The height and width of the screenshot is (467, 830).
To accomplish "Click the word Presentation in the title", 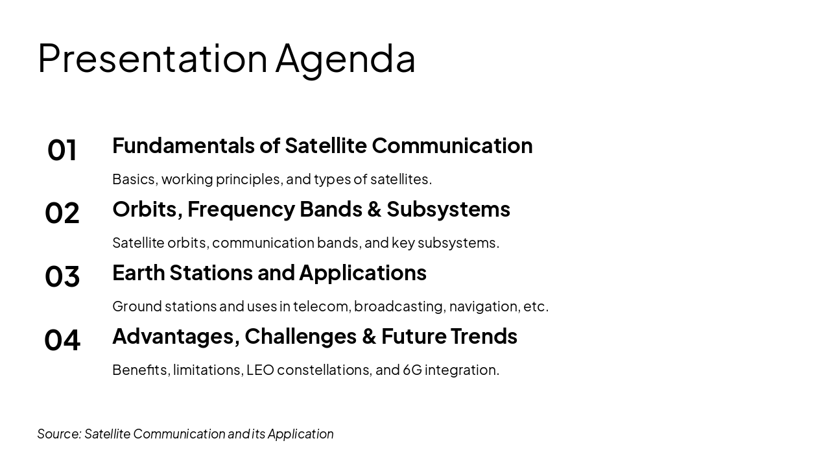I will pyautogui.click(x=152, y=58).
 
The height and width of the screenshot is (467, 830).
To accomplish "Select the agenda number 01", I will pyautogui.click(x=62, y=150).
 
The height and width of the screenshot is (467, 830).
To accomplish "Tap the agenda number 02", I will pyautogui.click(x=62, y=213).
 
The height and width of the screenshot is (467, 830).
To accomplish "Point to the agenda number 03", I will pyautogui.click(x=62, y=277).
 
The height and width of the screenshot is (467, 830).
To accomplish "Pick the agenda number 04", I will pyautogui.click(x=62, y=341).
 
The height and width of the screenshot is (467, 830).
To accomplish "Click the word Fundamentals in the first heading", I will pyautogui.click(x=184, y=145).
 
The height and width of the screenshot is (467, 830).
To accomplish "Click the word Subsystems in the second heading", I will pyautogui.click(x=448, y=209).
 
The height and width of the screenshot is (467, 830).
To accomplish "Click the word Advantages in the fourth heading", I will pyautogui.click(x=176, y=336).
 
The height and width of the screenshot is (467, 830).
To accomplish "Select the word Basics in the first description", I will pyautogui.click(x=134, y=179).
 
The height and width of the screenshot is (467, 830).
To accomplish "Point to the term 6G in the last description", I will pyautogui.click(x=412, y=370).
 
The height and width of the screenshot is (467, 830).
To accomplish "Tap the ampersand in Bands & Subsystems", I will pyautogui.click(x=374, y=210).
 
